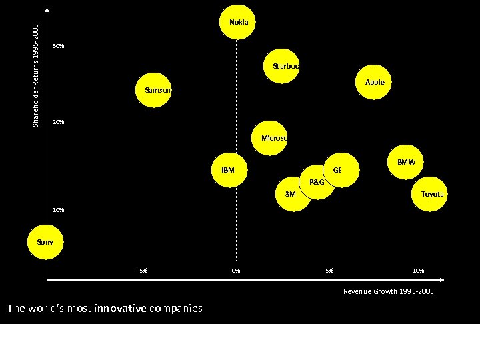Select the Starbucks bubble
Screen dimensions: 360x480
pyautogui.click(x=283, y=66)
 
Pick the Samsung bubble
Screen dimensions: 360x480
pyautogui.click(x=154, y=90)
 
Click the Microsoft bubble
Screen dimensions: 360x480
pyautogui.click(x=270, y=138)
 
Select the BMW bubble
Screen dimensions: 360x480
pyautogui.click(x=405, y=162)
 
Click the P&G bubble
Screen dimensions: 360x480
pyautogui.click(x=317, y=182)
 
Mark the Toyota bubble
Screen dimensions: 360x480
pyautogui.click(x=430, y=194)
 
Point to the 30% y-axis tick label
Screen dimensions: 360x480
pyautogui.click(x=59, y=46)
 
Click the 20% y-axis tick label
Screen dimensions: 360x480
pyautogui.click(x=59, y=122)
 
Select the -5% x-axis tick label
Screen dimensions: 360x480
pyautogui.click(x=142, y=271)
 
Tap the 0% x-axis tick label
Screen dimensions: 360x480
pyautogui.click(x=236, y=271)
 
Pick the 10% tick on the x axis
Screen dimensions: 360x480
pyautogui.click(x=418, y=271)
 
